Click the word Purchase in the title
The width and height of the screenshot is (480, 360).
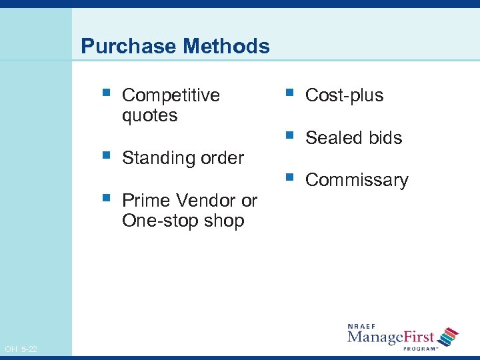(x=119, y=46)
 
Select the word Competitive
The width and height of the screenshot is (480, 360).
(x=171, y=95)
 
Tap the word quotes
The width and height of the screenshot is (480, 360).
(x=149, y=115)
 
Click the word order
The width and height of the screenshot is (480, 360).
(x=221, y=158)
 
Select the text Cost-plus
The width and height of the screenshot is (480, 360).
(x=344, y=95)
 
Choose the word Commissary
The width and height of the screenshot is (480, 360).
(x=356, y=181)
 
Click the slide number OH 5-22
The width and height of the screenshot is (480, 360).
(x=20, y=349)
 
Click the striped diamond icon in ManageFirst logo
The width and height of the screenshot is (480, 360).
(x=449, y=336)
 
